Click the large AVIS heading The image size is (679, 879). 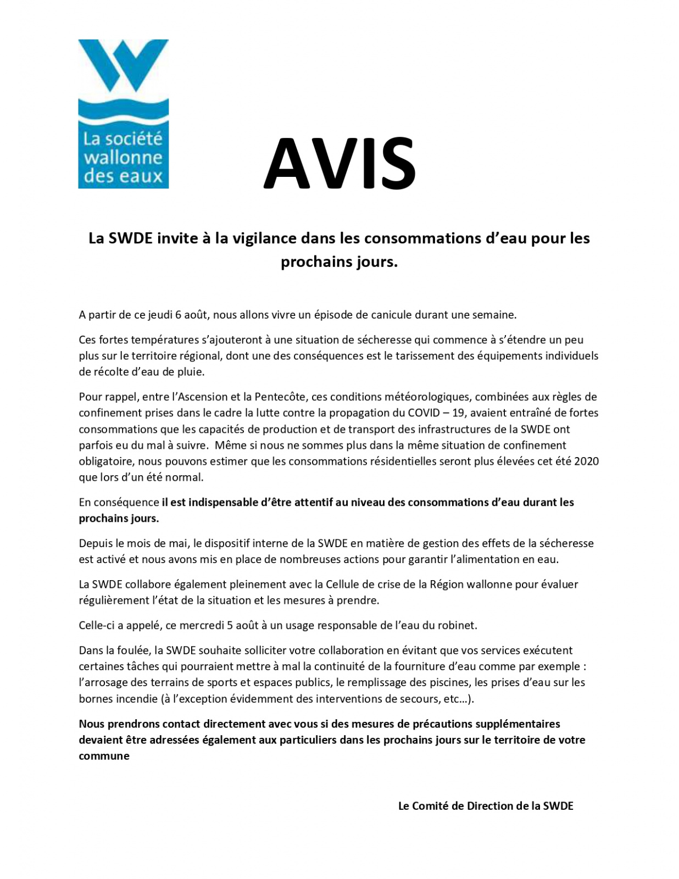(x=340, y=164)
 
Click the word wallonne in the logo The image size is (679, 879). (x=123, y=158)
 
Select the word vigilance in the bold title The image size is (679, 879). (x=264, y=238)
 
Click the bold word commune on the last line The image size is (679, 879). (x=104, y=756)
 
